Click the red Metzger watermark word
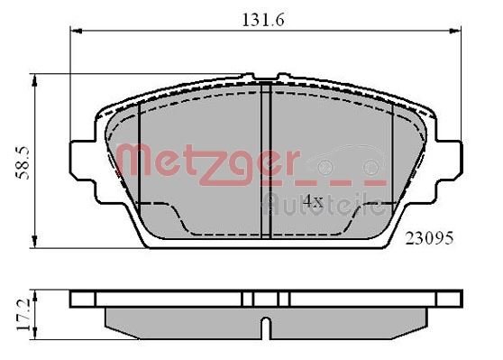click(x=208, y=163)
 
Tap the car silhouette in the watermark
click(x=346, y=164)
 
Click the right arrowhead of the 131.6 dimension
click(x=452, y=32)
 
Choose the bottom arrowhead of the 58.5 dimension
click(x=35, y=242)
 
